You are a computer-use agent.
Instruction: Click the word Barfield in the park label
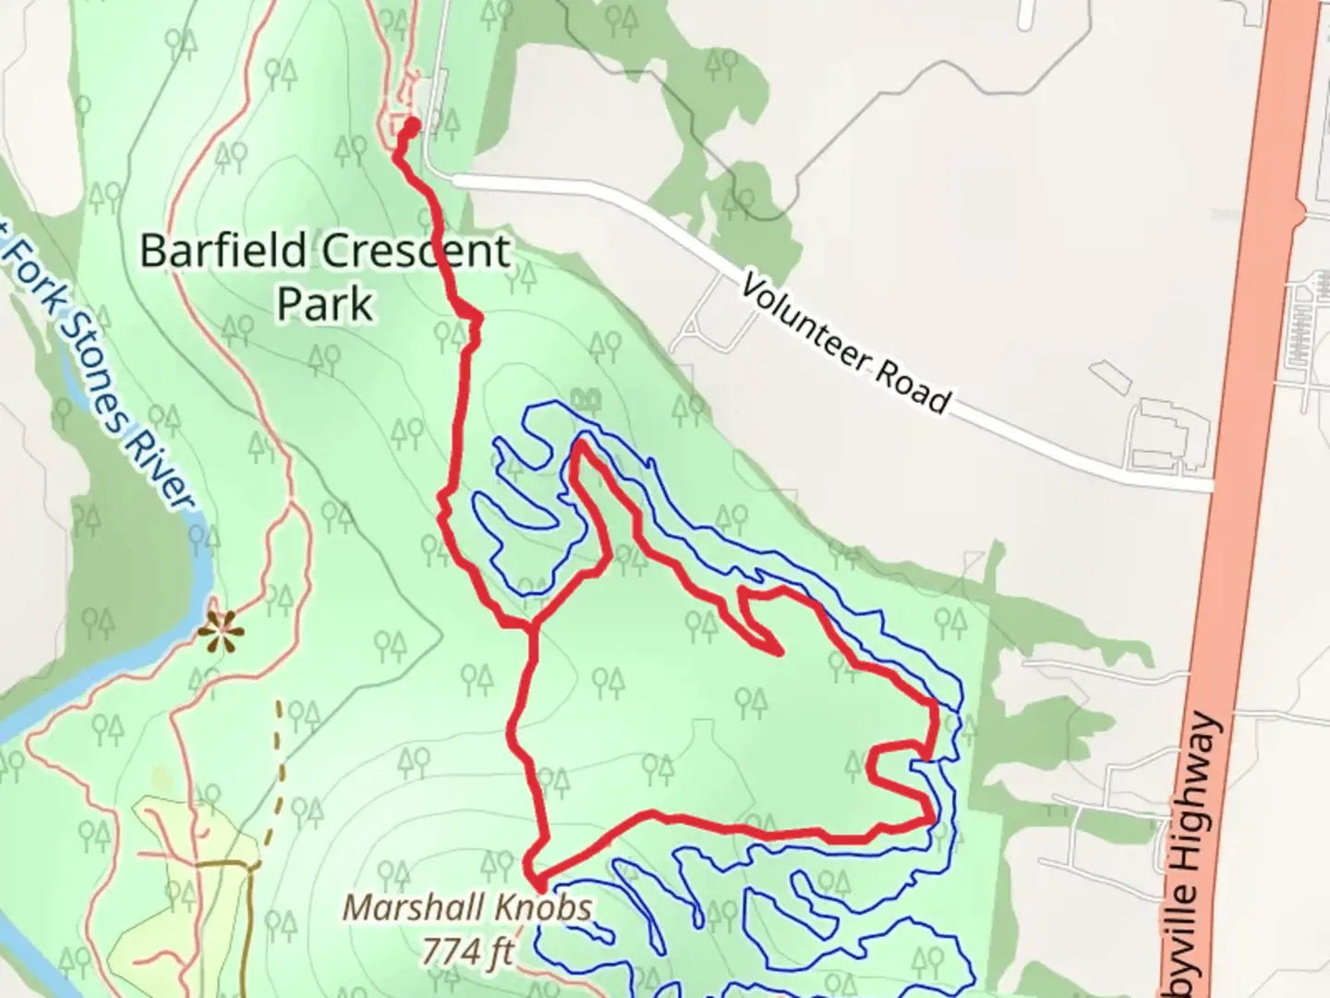(223, 250)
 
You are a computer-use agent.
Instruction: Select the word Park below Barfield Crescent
(325, 303)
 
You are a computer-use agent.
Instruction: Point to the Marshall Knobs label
(466, 907)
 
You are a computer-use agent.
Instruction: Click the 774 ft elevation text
(466, 949)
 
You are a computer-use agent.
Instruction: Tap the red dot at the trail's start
(412, 124)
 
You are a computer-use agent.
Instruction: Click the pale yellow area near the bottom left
(185, 887)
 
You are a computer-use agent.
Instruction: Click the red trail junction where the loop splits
(533, 629)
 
